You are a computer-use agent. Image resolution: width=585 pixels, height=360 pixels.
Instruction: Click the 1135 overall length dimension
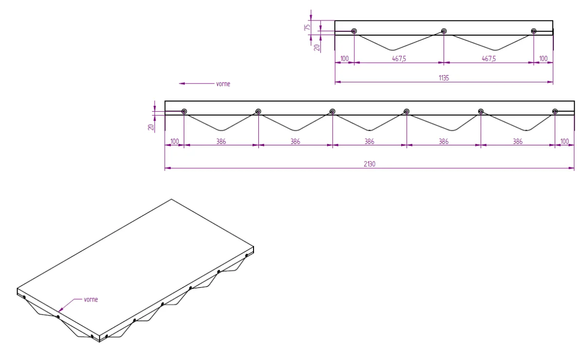444,77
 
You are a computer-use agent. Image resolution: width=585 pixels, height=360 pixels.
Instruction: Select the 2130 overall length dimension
369,164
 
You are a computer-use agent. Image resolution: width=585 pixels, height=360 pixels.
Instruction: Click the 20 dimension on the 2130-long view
151,127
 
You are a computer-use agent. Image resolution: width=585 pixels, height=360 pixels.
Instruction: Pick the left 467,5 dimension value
398,59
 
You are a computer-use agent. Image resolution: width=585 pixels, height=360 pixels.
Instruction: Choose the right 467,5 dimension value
488,59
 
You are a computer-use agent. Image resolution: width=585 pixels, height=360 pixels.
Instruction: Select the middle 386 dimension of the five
369,141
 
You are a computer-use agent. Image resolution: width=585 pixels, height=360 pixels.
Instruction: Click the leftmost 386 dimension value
221,141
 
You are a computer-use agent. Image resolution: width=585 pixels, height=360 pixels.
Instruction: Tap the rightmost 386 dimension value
518,141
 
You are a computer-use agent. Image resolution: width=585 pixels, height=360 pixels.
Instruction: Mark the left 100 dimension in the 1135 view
344,59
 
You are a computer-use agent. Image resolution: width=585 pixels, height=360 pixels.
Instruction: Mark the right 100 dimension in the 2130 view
565,141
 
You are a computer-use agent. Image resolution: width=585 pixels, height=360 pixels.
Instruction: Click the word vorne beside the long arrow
222,84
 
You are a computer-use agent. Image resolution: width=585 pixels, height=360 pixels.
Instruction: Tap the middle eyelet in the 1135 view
444,31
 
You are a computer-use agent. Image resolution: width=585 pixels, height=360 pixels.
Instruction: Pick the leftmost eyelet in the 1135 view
354,31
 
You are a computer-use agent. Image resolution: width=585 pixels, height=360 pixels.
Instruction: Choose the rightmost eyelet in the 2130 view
555,111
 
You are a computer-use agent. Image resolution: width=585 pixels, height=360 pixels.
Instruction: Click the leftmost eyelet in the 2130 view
184,111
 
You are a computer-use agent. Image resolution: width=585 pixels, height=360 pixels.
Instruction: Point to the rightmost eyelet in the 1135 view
534,31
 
